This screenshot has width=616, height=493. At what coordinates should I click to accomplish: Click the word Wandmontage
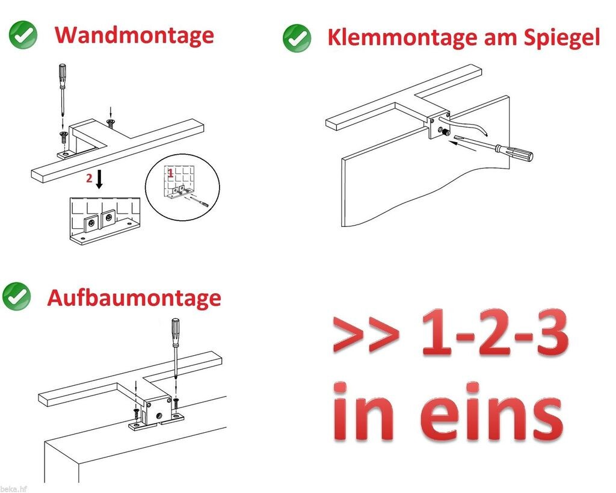[134, 36]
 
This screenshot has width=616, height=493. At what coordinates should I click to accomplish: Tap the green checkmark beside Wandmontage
[23, 35]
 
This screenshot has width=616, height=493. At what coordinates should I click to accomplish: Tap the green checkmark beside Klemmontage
[297, 38]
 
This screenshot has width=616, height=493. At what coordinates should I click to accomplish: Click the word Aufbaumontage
[134, 297]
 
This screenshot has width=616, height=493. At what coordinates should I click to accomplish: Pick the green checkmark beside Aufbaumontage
[16, 296]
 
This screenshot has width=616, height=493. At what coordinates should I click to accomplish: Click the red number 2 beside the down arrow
[90, 178]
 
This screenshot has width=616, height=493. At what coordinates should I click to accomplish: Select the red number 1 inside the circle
[170, 172]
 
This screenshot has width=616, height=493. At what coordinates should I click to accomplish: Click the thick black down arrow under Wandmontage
[99, 179]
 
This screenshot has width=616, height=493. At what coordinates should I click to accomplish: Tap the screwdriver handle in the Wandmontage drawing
[63, 76]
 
